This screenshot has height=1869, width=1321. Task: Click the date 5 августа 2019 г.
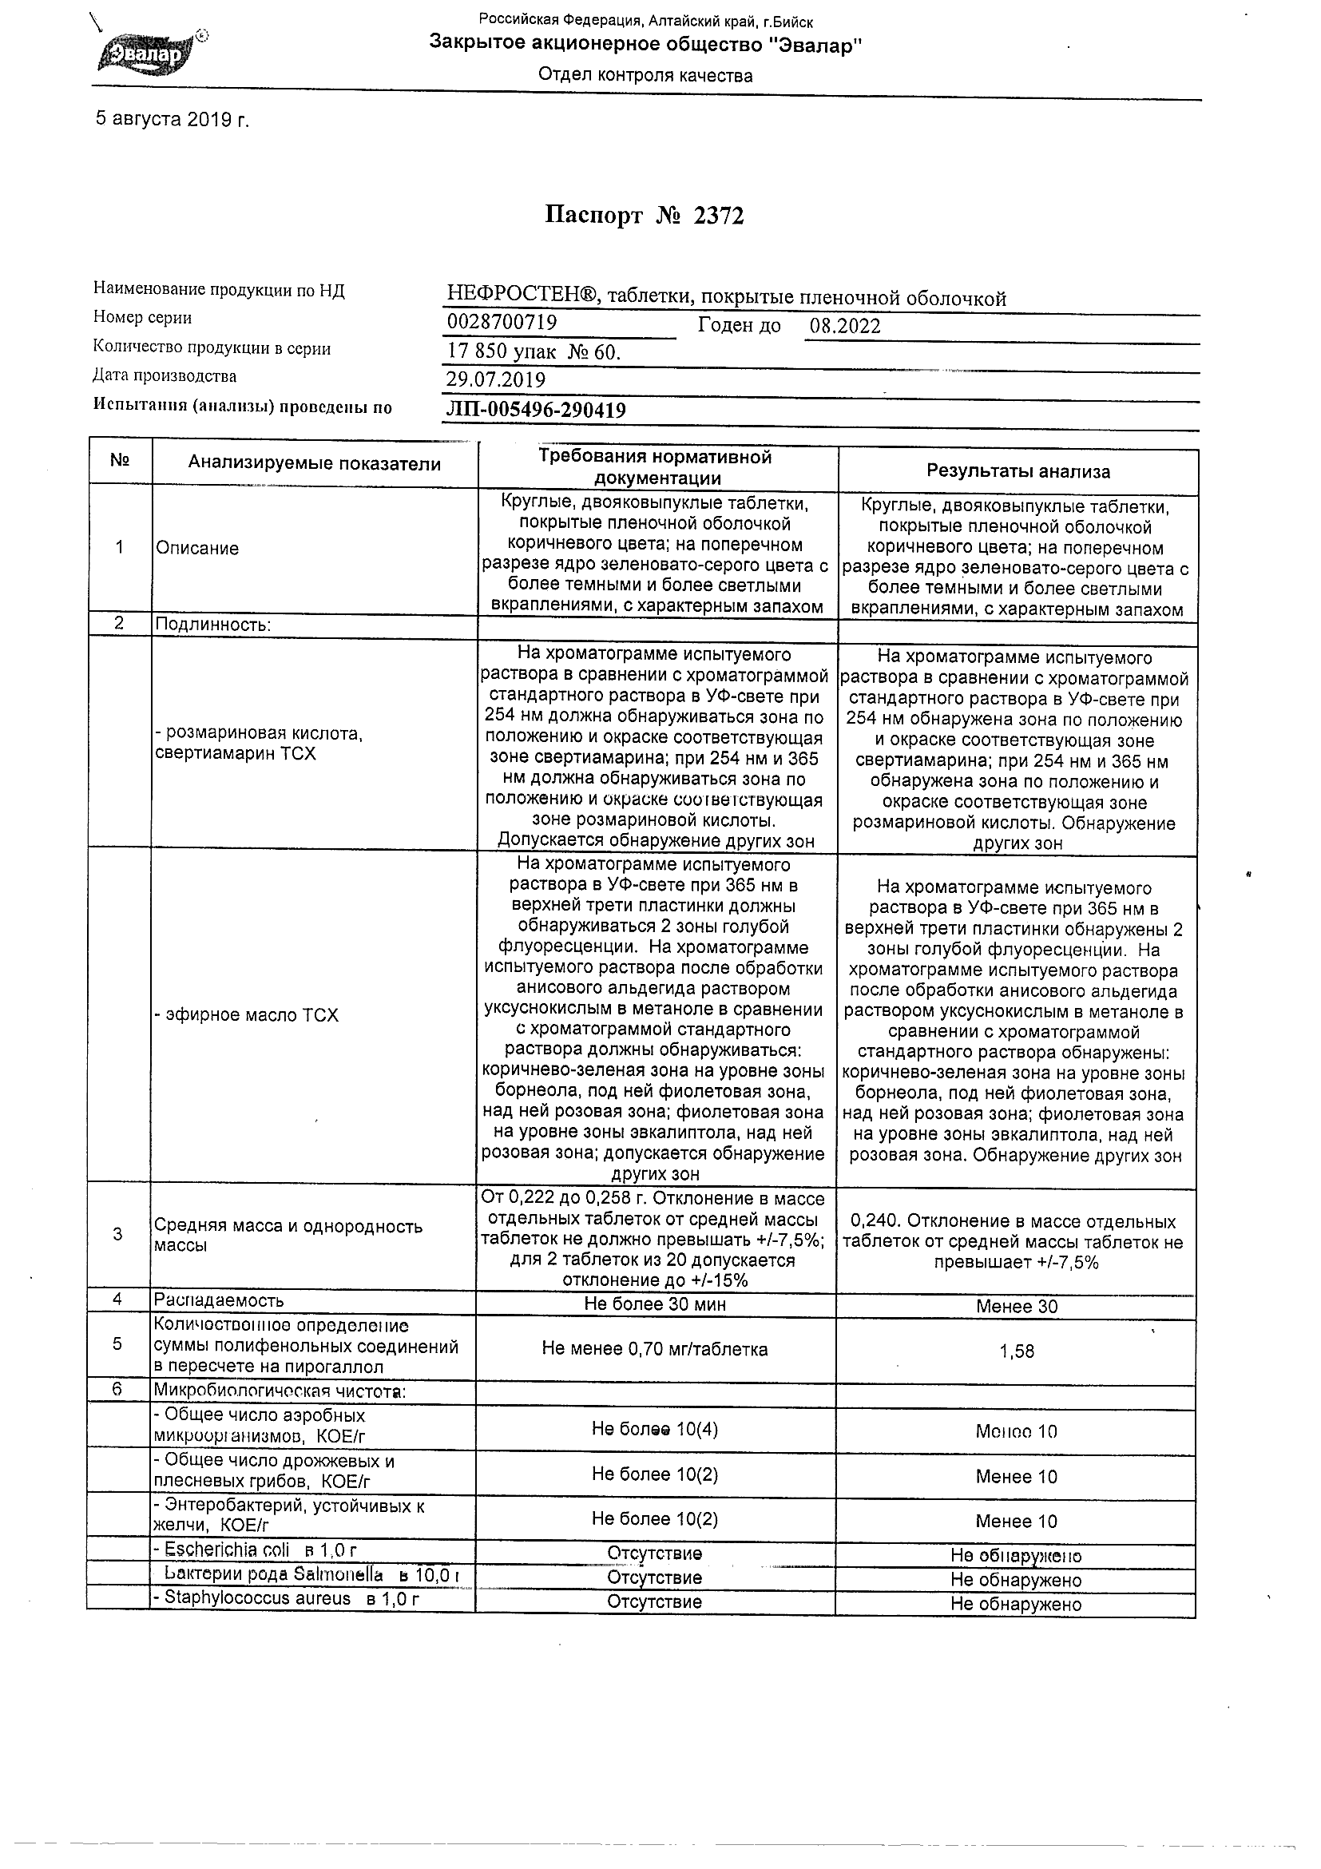tap(172, 120)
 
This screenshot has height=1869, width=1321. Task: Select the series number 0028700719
tap(502, 323)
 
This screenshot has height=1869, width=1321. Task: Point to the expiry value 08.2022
tap(845, 327)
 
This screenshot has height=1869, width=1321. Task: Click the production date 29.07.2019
tap(496, 379)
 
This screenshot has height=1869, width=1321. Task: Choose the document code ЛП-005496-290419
tap(537, 411)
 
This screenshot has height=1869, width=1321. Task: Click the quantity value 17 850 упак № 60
tap(534, 351)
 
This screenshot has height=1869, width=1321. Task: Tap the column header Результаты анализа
tap(1018, 471)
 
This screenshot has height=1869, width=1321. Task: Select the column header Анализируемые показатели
tap(314, 464)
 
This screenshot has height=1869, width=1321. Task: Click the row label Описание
tap(198, 549)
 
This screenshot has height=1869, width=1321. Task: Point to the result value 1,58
tap(1017, 1352)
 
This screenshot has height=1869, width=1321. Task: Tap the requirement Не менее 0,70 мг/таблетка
tap(654, 1350)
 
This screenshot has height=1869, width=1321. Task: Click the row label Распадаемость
tap(219, 1300)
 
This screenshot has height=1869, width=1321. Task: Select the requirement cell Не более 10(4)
tap(654, 1430)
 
